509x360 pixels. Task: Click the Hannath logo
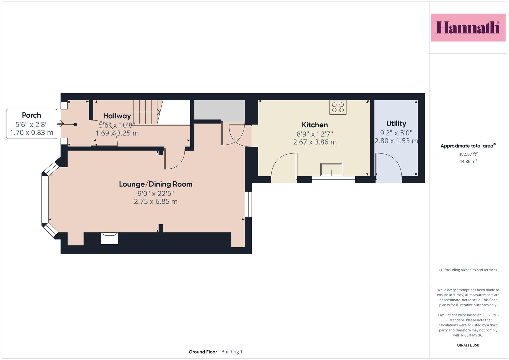[468, 27]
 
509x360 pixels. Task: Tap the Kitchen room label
[315, 125]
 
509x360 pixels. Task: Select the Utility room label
[396, 124]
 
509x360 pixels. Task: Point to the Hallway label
[117, 116]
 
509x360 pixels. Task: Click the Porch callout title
[31, 115]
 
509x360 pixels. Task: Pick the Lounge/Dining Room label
[156, 184]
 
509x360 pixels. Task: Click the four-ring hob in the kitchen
[338, 107]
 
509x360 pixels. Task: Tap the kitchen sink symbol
[331, 170]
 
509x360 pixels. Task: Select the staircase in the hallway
[148, 112]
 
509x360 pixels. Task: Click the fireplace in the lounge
[110, 238]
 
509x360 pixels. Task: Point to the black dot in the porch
[75, 125]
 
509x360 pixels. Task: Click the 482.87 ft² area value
[468, 154]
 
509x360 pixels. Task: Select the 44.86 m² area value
[468, 161]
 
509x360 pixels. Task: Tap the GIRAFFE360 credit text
[468, 345]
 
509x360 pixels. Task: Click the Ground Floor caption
[203, 352]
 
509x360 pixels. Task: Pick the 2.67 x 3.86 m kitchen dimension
[315, 142]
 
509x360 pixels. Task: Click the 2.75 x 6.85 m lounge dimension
[156, 201]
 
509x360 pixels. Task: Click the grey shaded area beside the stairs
[219, 111]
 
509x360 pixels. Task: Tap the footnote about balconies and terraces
[468, 270]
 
